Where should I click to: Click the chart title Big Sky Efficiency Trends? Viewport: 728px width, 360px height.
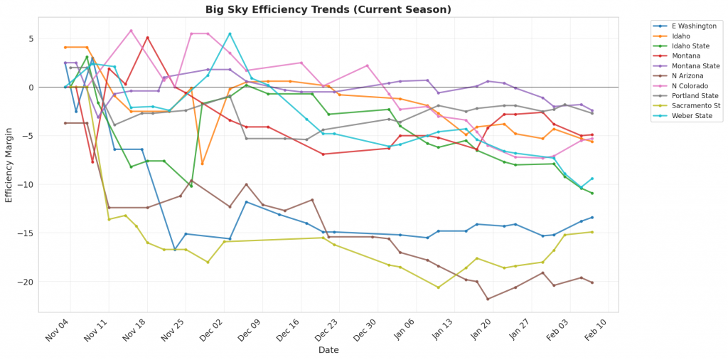[x=328, y=9]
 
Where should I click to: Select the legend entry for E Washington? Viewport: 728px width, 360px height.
[x=687, y=26]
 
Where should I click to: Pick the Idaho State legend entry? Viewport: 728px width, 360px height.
[x=682, y=46]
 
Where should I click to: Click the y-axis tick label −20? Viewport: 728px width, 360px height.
[x=26, y=282]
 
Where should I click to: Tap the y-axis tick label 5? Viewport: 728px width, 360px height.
[x=31, y=39]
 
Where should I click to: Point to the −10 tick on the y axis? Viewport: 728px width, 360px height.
[x=26, y=185]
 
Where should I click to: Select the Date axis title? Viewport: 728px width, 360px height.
[x=328, y=350]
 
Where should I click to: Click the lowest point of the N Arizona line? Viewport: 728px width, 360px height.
[x=488, y=299]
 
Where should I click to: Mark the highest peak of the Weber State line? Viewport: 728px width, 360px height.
[x=230, y=33]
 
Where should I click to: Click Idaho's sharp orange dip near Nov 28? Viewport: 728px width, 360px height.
[x=202, y=164]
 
